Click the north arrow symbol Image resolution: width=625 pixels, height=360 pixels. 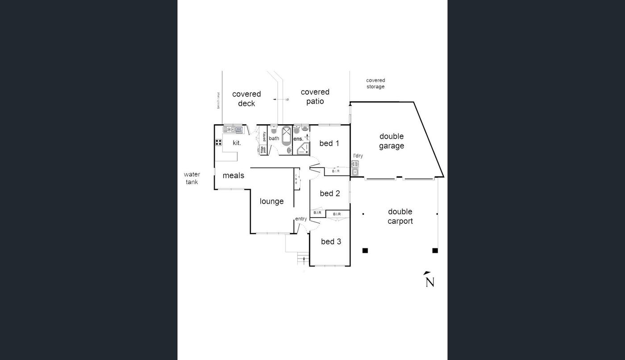[x=429, y=280]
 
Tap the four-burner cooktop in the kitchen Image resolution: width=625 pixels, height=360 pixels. [x=219, y=142]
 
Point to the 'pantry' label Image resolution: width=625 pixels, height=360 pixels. [x=264, y=136]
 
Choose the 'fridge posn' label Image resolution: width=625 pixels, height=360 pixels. [x=263, y=150]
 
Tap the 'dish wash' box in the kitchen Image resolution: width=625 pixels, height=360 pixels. [x=239, y=130]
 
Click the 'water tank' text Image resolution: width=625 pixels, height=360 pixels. [x=192, y=178]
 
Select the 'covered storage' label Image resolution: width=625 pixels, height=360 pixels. [x=375, y=84]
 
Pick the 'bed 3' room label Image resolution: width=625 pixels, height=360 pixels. [x=331, y=242]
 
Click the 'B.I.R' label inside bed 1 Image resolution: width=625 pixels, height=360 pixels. [x=336, y=171]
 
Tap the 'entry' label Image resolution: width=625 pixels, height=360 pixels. [x=301, y=219]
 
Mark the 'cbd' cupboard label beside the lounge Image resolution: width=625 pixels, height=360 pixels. [x=296, y=179]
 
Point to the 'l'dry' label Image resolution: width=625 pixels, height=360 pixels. [x=358, y=156]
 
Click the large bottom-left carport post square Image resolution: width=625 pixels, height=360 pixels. [x=365, y=251]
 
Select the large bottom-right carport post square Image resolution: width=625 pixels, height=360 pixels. [x=435, y=251]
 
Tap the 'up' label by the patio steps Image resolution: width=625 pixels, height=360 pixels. [x=287, y=99]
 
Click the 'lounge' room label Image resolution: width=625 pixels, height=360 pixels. [x=272, y=201]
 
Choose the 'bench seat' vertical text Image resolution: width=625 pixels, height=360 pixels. [x=218, y=100]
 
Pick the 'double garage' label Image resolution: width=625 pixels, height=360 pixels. [x=392, y=141]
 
